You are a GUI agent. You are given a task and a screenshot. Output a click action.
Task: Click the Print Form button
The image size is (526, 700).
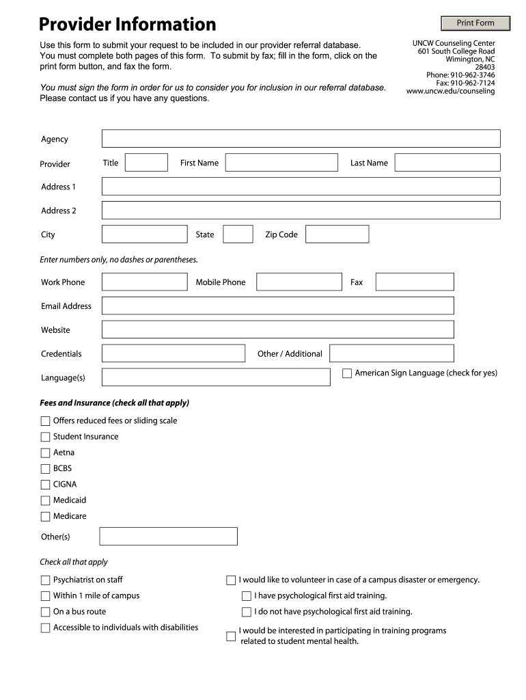tap(475, 23)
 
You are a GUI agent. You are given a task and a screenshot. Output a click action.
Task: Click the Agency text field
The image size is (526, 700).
tap(301, 139)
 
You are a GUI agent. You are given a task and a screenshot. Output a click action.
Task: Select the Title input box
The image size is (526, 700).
tap(146, 163)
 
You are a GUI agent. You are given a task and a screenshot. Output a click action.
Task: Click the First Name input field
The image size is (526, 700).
tap(281, 163)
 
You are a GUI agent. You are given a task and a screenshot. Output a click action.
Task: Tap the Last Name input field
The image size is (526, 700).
tap(447, 163)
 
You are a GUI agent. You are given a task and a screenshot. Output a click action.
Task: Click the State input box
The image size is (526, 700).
tap(238, 234)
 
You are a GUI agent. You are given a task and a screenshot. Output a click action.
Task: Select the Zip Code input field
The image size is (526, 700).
tap(337, 234)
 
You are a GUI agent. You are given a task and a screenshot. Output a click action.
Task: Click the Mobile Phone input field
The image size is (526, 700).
tap(299, 282)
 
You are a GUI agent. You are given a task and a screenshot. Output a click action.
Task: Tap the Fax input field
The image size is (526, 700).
tap(414, 282)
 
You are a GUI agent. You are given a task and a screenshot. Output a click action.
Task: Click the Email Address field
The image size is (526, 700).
tap(277, 306)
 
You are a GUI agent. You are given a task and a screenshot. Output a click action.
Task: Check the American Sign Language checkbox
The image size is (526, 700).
tap(347, 373)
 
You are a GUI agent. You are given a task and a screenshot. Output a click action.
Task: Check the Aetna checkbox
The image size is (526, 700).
tap(46, 453)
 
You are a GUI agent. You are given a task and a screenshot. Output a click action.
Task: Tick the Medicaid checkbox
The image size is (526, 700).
tap(46, 500)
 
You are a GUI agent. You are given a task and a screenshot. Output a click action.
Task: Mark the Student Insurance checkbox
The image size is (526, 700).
tap(46, 437)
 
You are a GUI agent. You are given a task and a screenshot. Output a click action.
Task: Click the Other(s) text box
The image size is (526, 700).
tap(168, 537)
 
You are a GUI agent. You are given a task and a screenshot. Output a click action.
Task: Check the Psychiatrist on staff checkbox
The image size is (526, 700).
tap(46, 580)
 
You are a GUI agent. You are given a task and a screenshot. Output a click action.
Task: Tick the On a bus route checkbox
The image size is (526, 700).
tap(46, 612)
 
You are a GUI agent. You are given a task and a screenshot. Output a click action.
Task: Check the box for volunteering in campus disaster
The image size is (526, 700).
tap(231, 580)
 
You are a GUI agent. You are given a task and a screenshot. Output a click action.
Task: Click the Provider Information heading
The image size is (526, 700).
tap(127, 25)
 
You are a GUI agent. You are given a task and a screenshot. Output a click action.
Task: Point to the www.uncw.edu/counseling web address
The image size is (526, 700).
tap(450, 91)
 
